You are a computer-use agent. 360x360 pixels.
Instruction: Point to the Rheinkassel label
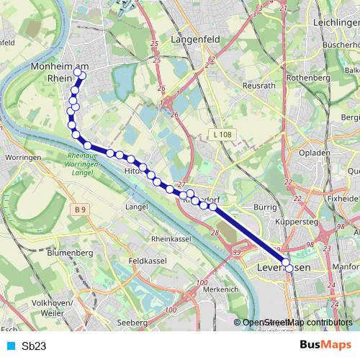[173, 238]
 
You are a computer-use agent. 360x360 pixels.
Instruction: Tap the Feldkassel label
[148, 261]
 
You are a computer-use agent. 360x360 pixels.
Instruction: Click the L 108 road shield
[222, 135]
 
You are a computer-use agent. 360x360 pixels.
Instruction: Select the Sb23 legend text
[34, 346]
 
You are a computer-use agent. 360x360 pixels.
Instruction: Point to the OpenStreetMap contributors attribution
[297, 323]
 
